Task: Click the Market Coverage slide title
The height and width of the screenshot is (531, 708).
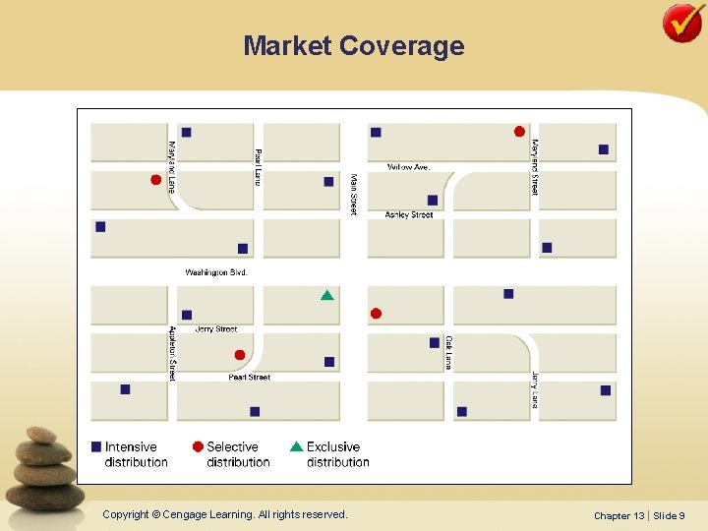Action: click(353, 46)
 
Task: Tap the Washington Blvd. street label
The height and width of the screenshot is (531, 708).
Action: click(216, 272)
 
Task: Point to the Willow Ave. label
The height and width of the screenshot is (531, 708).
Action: click(408, 167)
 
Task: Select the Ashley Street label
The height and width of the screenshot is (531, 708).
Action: click(409, 214)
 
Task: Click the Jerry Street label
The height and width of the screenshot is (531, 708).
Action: click(216, 329)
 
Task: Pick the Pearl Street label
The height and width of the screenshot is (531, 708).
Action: click(249, 377)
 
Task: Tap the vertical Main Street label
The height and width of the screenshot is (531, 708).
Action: click(354, 194)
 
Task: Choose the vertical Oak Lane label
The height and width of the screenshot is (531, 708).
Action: click(448, 352)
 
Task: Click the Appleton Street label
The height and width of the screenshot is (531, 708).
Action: click(172, 354)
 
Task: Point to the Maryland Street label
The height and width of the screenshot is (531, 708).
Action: click(535, 166)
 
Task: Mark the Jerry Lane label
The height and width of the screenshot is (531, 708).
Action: click(535, 389)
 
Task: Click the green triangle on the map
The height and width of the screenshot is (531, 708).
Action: click(326, 295)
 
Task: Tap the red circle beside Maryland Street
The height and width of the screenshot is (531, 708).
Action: click(519, 132)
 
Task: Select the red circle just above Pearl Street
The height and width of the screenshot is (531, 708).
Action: click(240, 355)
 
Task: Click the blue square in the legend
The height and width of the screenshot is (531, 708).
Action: click(96, 446)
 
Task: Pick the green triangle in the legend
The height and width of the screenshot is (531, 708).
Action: click(296, 446)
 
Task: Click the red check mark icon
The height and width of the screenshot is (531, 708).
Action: click(682, 23)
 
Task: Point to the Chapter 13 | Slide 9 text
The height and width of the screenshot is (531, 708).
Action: click(639, 515)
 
